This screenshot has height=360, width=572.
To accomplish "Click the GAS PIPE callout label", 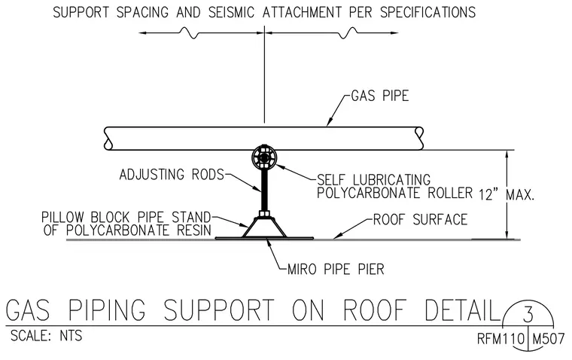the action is click(380, 96).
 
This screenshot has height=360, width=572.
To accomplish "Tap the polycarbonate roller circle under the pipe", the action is click(264, 157).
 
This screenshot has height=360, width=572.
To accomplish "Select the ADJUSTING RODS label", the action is click(172, 175).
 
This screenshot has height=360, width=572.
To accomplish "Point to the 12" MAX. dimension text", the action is click(507, 195).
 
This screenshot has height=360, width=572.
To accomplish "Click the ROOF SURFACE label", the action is click(420, 220).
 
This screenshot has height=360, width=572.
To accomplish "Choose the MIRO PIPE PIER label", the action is click(336, 270).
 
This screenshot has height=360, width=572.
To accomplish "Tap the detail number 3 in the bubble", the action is click(528, 315).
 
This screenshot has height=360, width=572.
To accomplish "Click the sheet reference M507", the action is click(549, 339).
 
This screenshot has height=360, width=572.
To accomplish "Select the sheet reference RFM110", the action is click(500, 339).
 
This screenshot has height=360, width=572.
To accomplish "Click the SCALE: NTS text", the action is click(47, 336).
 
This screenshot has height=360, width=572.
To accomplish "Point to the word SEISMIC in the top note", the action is click(231, 12).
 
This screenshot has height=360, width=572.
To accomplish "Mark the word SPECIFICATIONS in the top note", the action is click(428, 12).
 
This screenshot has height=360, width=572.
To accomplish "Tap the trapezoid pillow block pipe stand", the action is click(264, 227).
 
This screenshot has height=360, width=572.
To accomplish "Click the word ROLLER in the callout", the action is click(450, 193).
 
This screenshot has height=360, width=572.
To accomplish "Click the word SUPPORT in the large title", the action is click(218, 310).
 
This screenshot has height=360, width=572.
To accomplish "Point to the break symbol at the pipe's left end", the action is click(108, 139).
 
